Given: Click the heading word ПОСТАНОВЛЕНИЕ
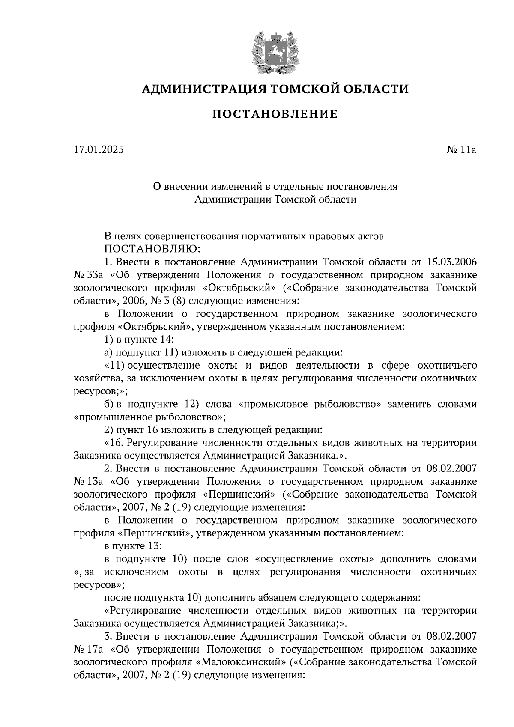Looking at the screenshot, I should (275, 114).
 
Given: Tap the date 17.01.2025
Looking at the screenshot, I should (99, 150).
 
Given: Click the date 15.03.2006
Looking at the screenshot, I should (452, 262).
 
